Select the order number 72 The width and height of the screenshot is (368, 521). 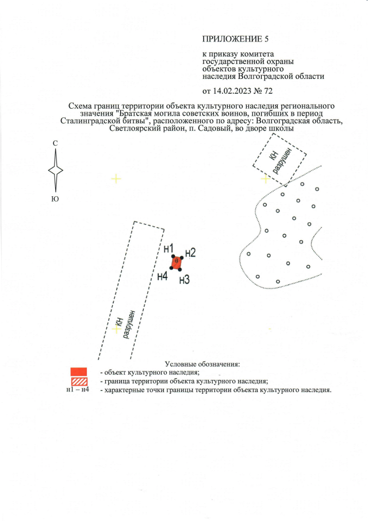(x=267, y=91)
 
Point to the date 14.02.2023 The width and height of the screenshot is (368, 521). (x=232, y=91)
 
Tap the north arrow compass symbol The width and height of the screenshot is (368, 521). (x=55, y=170)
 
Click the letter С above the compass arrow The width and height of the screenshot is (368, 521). (x=55, y=143)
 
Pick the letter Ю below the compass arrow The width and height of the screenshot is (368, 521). (x=55, y=199)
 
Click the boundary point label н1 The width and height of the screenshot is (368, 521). (x=168, y=249)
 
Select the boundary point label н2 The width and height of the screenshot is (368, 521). (x=190, y=253)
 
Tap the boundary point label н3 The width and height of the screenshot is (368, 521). (x=184, y=280)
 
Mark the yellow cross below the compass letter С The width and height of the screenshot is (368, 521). (x=116, y=179)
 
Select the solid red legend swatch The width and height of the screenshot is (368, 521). (x=78, y=371)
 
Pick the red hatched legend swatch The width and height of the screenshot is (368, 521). (x=78, y=381)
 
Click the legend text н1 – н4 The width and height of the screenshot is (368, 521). (x=78, y=390)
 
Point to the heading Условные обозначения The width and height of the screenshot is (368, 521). (x=202, y=364)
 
